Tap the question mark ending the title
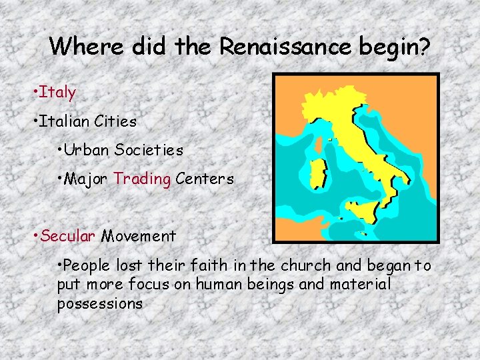pos(425,46)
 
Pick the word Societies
pos(149,150)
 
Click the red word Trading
pos(142,179)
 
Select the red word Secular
pos(69,235)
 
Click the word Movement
pos(139,235)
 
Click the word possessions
pos(100,303)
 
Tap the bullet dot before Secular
pos(35,236)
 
